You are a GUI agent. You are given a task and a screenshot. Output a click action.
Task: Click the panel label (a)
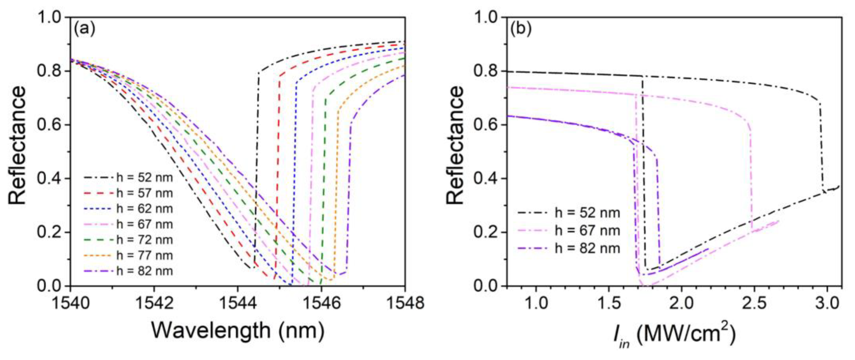pos(84,29)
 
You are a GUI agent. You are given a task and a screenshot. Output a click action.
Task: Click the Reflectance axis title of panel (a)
pos(17,145)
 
